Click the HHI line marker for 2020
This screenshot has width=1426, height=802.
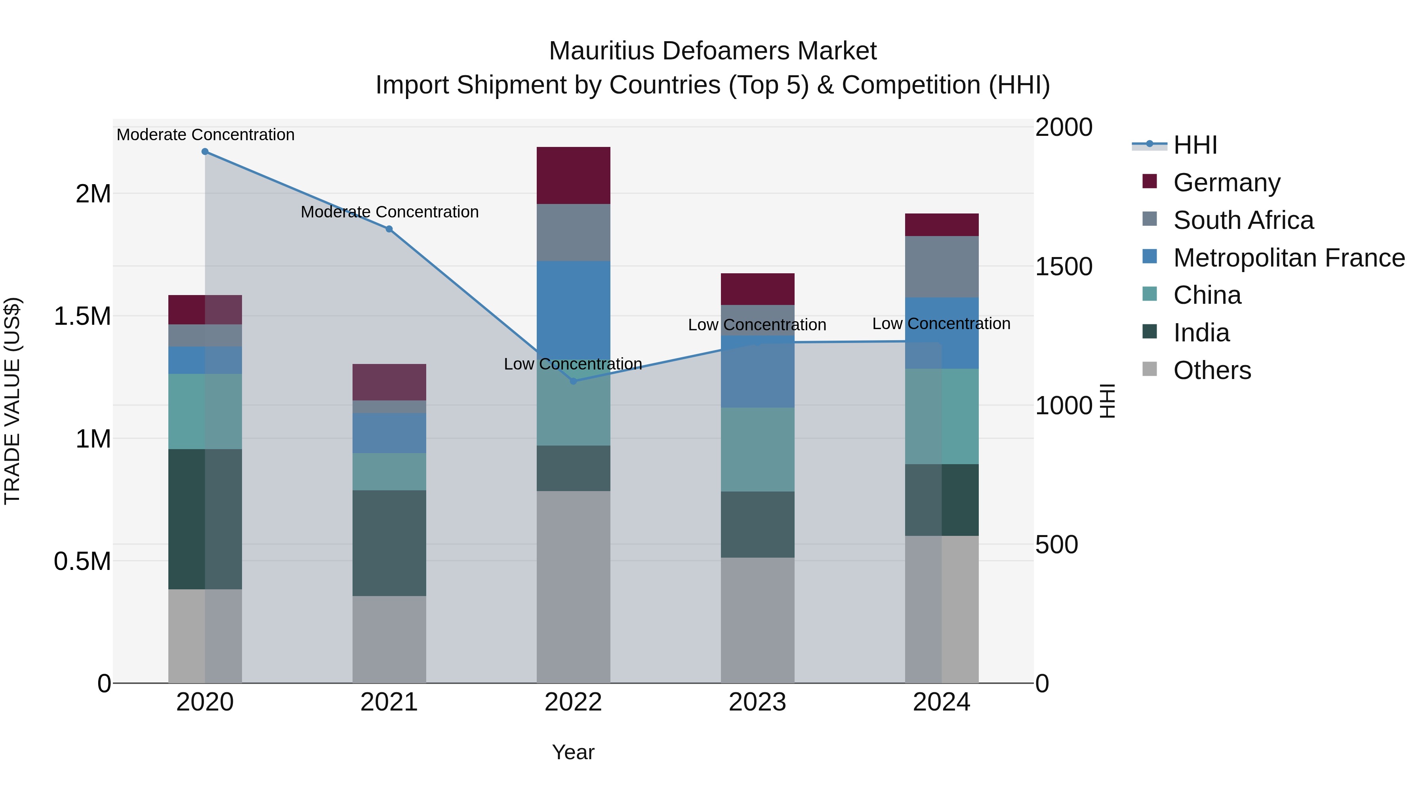(205, 152)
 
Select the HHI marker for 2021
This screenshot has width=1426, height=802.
(389, 229)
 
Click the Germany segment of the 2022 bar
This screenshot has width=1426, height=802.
(574, 175)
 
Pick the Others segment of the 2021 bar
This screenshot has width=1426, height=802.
(389, 639)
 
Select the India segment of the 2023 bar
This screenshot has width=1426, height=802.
(757, 524)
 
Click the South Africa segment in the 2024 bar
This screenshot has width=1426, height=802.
(942, 267)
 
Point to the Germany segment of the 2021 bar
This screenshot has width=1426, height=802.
(389, 382)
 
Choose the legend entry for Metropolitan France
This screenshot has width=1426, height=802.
(1288, 258)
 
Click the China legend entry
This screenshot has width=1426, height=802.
(1207, 295)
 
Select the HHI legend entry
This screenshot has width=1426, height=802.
(1195, 145)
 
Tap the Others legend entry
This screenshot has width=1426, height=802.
(1212, 370)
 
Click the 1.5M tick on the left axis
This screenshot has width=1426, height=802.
(82, 316)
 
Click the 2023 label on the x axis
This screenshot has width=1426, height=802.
(757, 702)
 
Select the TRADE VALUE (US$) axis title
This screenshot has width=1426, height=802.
(12, 401)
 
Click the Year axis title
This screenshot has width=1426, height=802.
(573, 752)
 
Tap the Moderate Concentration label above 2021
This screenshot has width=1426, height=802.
(389, 212)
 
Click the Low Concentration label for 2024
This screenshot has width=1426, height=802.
(941, 324)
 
